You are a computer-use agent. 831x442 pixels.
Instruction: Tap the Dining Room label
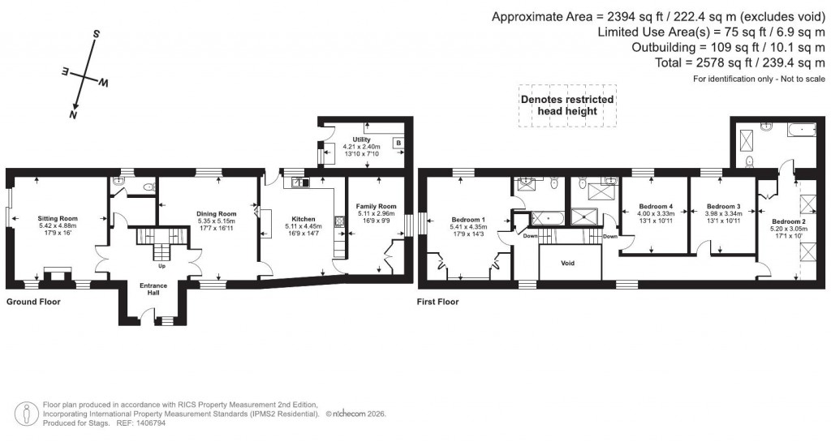coord(216,213)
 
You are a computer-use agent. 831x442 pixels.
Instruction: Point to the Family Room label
coord(376,206)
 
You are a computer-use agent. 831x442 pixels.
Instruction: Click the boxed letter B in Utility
coord(398,144)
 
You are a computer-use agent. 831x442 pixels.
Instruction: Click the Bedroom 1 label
coord(467,219)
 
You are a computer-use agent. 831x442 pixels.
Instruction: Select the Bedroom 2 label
coord(788,221)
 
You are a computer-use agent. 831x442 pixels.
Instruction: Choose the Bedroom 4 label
coord(656,206)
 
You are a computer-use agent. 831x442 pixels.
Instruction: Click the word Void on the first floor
coord(570,262)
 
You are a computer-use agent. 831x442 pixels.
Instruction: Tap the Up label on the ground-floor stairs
coord(162,265)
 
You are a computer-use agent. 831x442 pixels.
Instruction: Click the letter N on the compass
coord(73,115)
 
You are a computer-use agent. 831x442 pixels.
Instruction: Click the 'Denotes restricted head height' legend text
coord(566,105)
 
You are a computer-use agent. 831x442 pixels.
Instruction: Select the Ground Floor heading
coord(33,302)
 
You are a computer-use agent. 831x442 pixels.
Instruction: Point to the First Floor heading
coord(438,302)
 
